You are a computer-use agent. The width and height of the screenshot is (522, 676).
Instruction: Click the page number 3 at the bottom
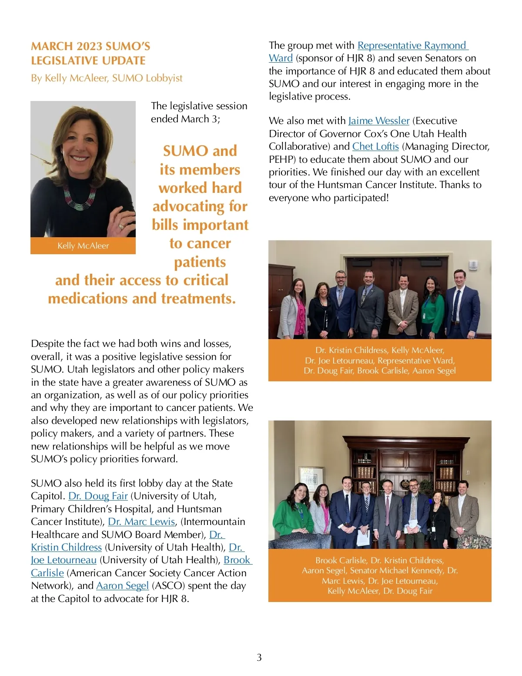[x=259, y=657]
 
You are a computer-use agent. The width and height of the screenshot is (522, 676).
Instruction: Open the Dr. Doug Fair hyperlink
[x=98, y=496]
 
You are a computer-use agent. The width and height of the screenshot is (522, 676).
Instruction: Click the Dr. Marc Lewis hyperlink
[x=141, y=521]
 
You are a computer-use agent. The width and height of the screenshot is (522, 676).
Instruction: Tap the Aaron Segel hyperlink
[x=122, y=585]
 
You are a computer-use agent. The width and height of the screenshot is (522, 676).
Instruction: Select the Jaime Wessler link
[x=379, y=121]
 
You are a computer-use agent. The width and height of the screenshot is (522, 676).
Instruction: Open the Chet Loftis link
[x=375, y=146]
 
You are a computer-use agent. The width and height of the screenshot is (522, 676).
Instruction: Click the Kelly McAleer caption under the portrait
[x=83, y=246]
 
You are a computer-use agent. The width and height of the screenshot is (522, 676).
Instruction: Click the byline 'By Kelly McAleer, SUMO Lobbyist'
[x=107, y=78]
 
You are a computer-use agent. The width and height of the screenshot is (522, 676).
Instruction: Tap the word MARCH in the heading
[x=51, y=46]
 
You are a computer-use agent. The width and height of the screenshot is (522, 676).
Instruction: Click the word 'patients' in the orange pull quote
[x=200, y=262]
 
